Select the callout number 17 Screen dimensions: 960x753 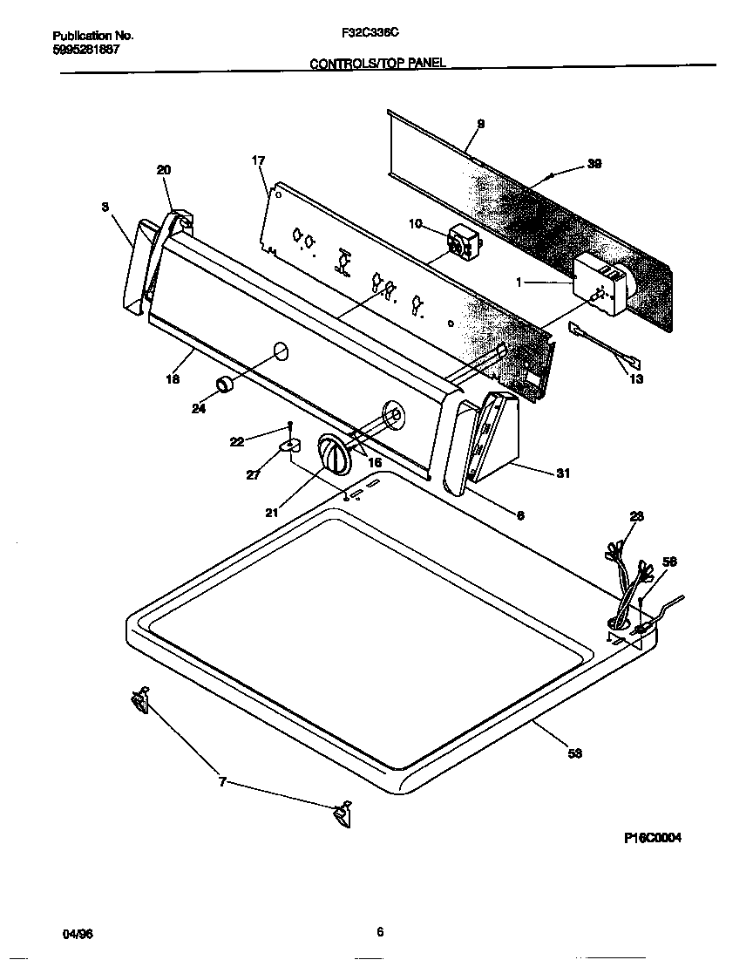pos(258,160)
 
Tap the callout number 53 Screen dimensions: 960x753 pos(574,753)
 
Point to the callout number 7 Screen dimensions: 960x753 pos(222,782)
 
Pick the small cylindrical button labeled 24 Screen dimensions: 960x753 pos(225,385)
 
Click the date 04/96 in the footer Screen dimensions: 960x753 pos(78,933)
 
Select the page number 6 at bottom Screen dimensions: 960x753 pos(379,931)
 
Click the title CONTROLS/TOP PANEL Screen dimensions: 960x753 pos(378,64)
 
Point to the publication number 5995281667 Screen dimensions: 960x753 pos(86,49)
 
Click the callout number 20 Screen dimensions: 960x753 pos(164,170)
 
